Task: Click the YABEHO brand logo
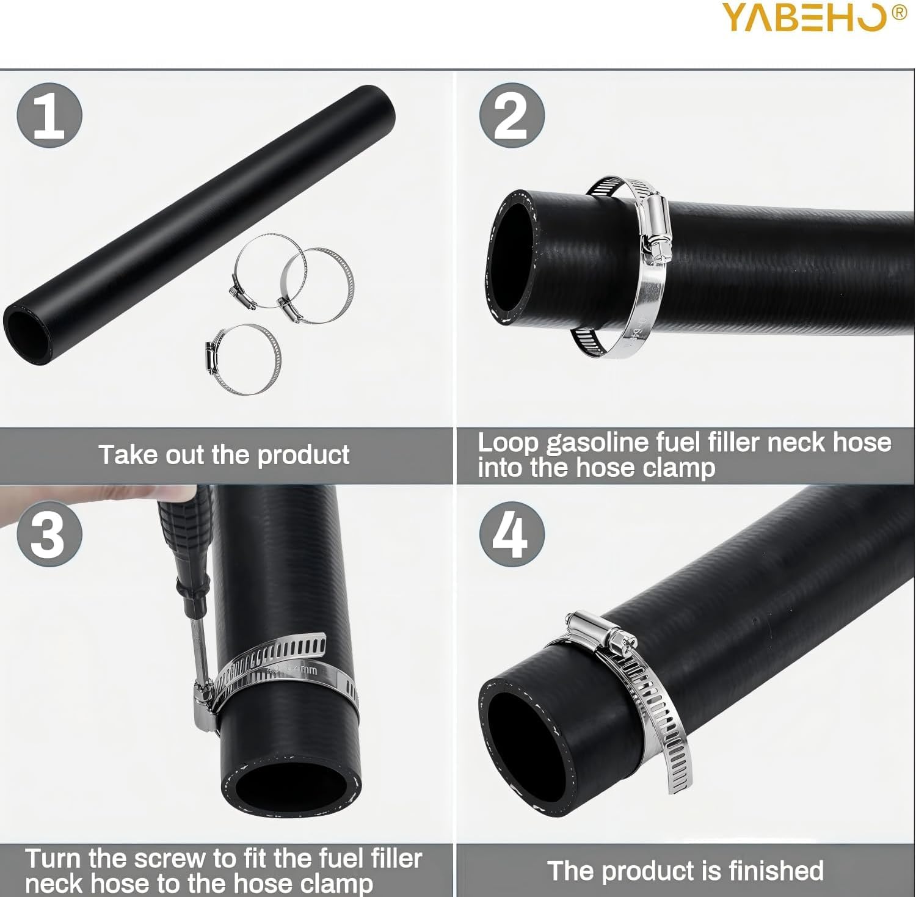coord(805,16)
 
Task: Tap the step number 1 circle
coord(49,115)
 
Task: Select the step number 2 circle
coord(511,115)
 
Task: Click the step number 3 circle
coord(49,534)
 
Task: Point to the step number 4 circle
coord(511,534)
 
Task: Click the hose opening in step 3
coord(289,794)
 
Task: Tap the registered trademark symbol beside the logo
coord(900,12)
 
